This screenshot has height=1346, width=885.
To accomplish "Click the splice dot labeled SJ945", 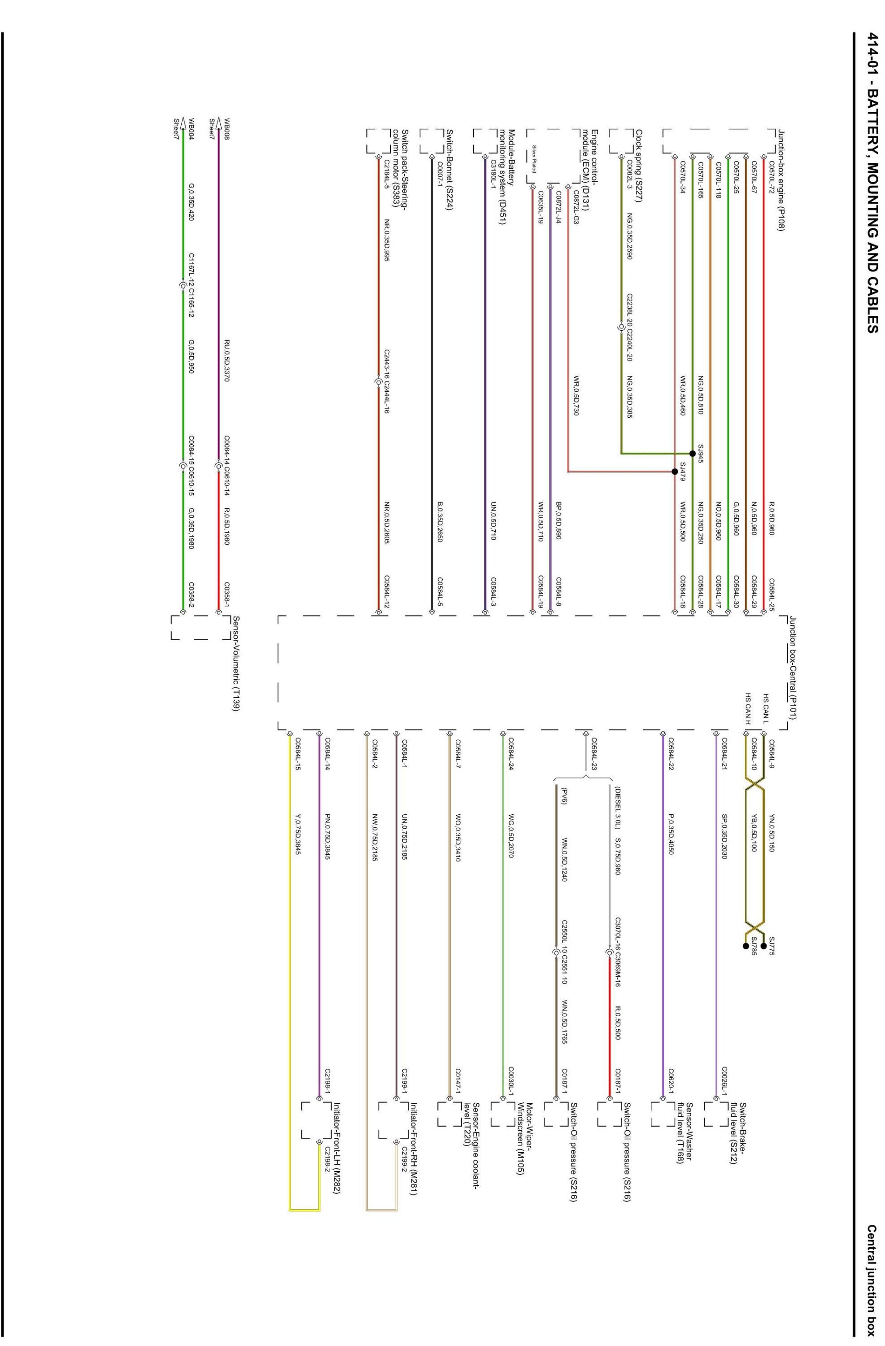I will [692, 453].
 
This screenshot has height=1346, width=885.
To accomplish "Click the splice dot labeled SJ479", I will [674, 471].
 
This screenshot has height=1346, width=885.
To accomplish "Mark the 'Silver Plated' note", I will [534, 158].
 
